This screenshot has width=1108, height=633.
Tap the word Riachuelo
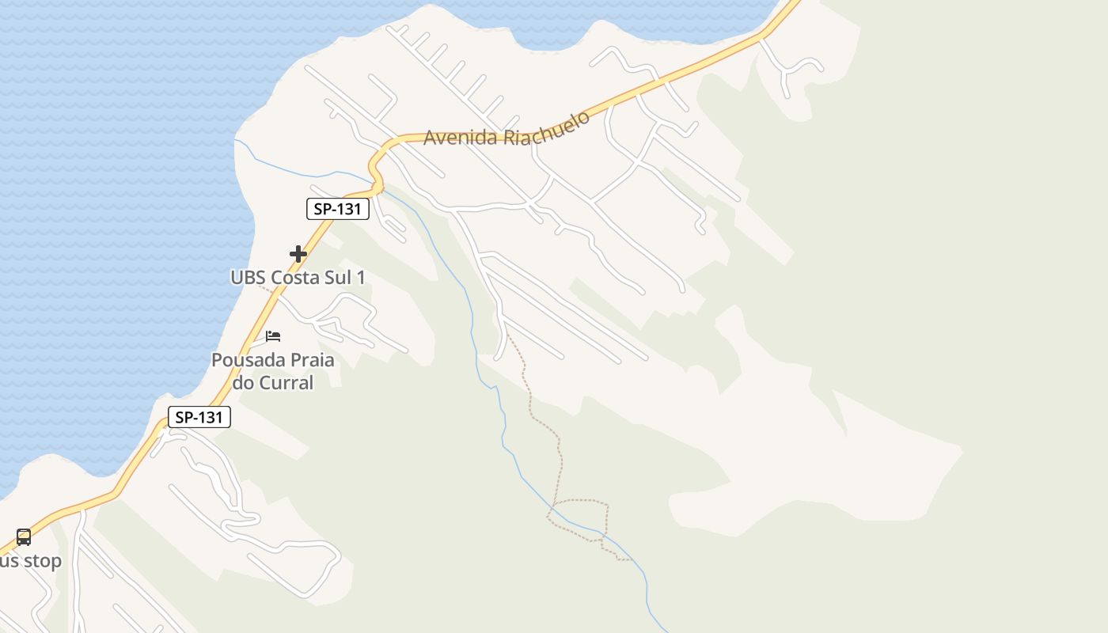547,127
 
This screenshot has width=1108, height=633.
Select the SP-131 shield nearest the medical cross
338,209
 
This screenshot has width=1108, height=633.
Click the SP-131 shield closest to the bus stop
199,417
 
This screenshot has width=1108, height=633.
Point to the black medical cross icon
298,254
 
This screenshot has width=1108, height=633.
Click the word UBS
249,278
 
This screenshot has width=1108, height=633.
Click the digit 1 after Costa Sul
362,278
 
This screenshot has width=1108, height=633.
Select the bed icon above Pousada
273,335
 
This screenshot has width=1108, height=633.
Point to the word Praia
309,360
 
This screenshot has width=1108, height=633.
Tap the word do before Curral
242,383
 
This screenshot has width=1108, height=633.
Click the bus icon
24,537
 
